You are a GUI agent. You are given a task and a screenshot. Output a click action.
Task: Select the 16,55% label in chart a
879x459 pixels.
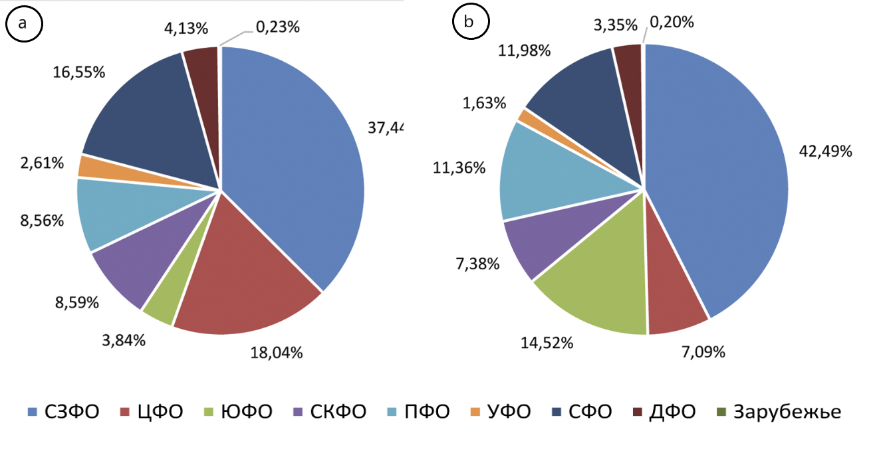(79, 72)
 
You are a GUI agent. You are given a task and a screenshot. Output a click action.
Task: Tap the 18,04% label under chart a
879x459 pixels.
(276, 352)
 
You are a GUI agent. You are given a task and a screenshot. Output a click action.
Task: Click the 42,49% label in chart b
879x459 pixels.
(825, 151)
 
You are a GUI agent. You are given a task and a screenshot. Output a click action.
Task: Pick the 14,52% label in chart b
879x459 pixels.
(547, 343)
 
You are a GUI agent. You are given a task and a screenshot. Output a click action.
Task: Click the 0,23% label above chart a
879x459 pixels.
(277, 27)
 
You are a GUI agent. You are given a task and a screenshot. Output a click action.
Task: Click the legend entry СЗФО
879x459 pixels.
(64, 412)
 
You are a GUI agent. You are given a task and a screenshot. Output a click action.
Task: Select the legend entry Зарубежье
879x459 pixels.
(779, 412)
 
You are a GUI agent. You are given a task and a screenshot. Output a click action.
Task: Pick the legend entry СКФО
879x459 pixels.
(329, 412)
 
